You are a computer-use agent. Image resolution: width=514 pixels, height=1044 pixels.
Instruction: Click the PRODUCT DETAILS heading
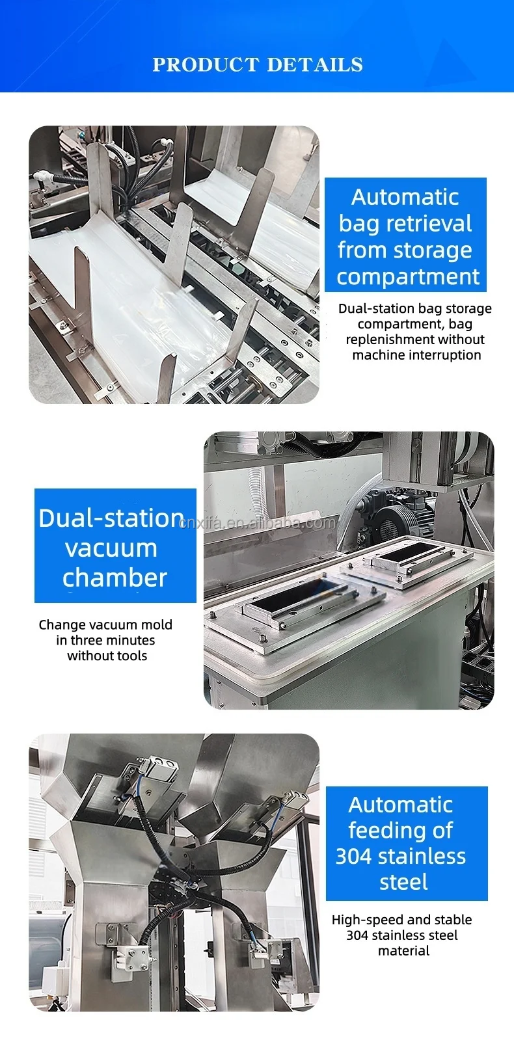[258, 65]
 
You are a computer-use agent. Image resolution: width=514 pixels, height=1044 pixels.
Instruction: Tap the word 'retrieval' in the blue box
[432, 223]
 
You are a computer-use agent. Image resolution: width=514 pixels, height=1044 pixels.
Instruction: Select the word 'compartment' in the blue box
[408, 277]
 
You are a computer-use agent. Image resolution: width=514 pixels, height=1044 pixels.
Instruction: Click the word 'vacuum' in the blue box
[111, 548]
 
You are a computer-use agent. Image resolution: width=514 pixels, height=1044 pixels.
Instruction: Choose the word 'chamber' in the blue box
[115, 578]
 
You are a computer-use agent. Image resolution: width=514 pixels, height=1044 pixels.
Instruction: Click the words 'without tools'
[107, 656]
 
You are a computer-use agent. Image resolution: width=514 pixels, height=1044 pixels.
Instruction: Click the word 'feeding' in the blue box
[383, 831]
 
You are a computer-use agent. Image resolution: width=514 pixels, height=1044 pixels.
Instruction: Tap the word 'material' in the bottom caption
[403, 951]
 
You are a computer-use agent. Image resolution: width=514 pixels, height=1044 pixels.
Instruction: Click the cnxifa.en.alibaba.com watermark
[257, 523]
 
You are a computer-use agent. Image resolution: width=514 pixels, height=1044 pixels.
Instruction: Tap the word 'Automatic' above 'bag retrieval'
[405, 197]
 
